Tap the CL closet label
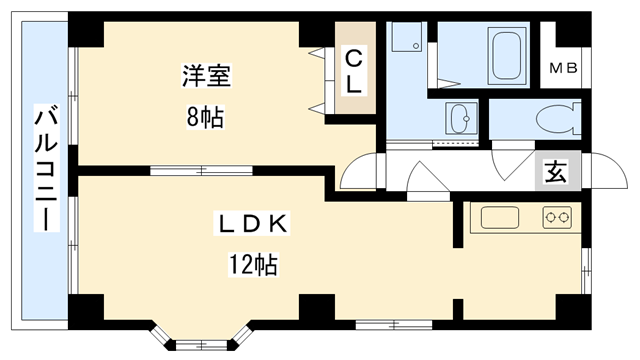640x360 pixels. (x=353, y=72)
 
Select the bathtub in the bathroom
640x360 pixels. (x=508, y=54)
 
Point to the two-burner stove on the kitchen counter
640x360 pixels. (x=556, y=217)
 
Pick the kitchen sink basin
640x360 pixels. (x=497, y=217)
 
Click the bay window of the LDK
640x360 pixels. (x=195, y=336)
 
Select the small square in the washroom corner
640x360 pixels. (x=405, y=40)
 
